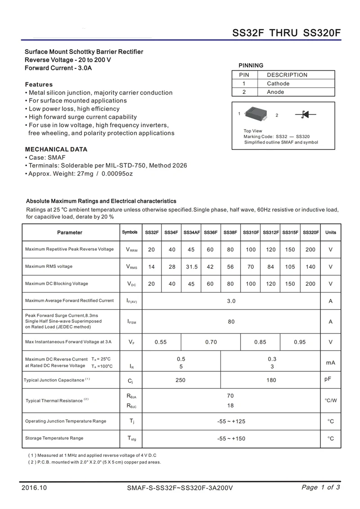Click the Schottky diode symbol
[x=305, y=115]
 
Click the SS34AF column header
[x=192, y=233]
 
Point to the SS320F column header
[x=310, y=233]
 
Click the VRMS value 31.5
[x=192, y=267]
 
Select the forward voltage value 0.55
[x=161, y=342]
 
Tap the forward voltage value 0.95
[x=300, y=342]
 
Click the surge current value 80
[x=231, y=322]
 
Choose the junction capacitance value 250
[x=180, y=380]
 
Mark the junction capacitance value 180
[x=271, y=380]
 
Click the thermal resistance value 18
[x=231, y=405]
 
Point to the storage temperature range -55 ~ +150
[x=231, y=438]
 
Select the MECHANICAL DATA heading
[x=56, y=149]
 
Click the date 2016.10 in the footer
[x=34, y=488]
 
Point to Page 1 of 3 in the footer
[x=321, y=487]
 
